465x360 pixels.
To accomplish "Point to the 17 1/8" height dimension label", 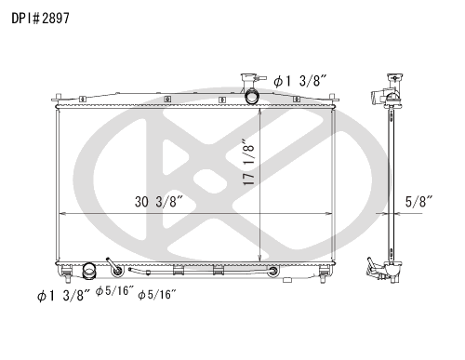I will tap(250, 162).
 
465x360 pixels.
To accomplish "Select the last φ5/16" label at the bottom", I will tap(156, 294).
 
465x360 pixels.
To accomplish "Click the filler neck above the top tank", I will tap(249, 81).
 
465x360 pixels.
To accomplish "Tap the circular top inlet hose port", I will tap(254, 97).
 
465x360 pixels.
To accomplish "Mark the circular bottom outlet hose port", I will tap(89, 272).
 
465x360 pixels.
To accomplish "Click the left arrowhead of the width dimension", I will tap(62, 213).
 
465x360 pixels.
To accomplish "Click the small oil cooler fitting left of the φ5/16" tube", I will tap(114, 270).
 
